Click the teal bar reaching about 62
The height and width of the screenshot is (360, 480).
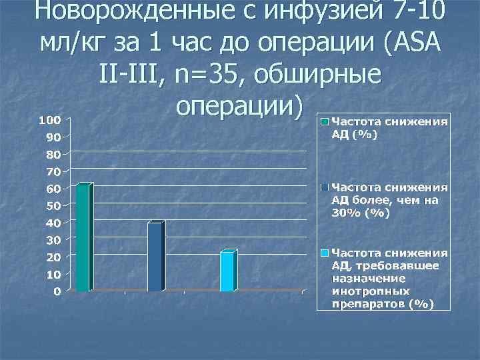pyautogui.click(x=83, y=237)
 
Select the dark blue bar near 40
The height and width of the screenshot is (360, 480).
pyautogui.click(x=155, y=257)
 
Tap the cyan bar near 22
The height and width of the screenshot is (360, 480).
pyautogui.click(x=227, y=271)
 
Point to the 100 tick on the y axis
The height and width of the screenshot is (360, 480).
pyautogui.click(x=49, y=120)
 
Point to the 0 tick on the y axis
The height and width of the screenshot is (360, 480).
pyautogui.click(x=57, y=291)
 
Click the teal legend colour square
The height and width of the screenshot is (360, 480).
pyautogui.click(x=324, y=122)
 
